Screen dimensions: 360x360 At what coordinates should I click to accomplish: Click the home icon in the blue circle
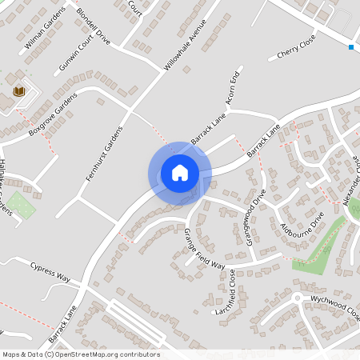(180, 173)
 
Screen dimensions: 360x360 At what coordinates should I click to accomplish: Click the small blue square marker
(351, 47)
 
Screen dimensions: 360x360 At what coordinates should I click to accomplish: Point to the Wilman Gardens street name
(45, 33)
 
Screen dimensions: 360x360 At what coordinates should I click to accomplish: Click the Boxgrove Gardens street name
(52, 113)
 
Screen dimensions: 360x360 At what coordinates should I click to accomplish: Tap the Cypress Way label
(50, 272)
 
